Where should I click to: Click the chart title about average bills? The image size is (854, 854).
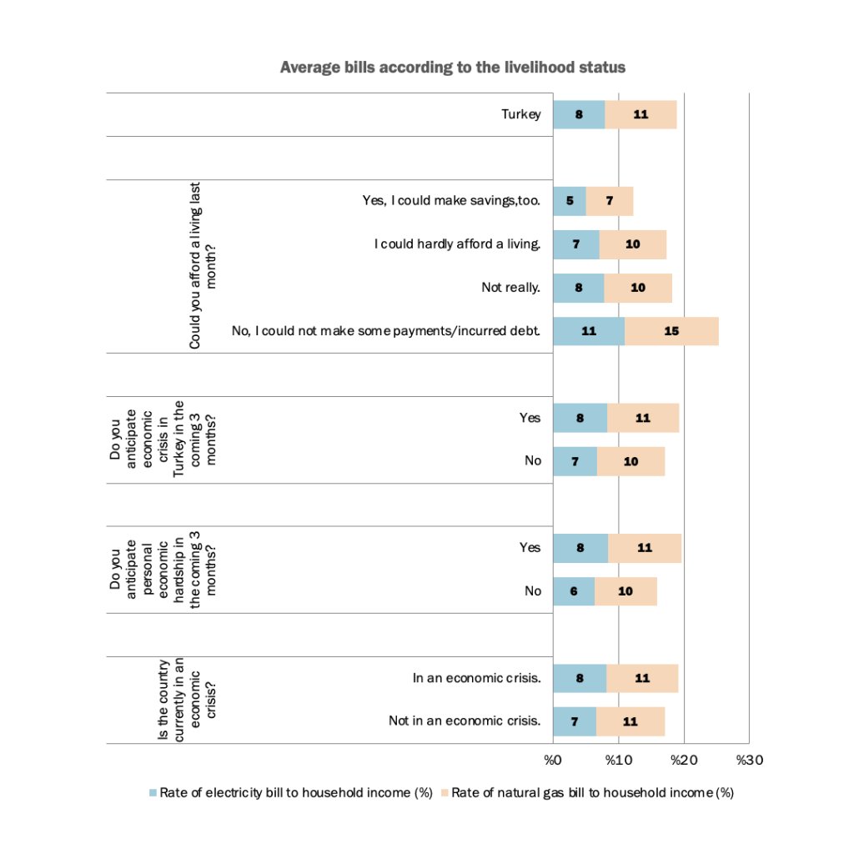point(452,68)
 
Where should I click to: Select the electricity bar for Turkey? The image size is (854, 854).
point(579,114)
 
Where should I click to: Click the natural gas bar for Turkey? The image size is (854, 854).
point(640,114)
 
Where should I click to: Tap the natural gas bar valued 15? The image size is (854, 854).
point(671,331)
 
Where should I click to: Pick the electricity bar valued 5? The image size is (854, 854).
point(570,201)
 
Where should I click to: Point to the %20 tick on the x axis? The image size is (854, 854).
point(684,760)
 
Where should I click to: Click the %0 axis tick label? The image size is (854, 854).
point(552,760)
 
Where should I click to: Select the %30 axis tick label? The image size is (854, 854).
point(749,760)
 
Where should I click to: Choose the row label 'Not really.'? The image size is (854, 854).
point(510,288)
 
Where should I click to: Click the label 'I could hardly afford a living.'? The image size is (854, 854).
point(457,244)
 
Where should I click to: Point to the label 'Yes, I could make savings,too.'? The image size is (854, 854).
point(451,201)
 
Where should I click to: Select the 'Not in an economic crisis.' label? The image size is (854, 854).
point(465,721)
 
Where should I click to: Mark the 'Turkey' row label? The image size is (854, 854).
point(520,114)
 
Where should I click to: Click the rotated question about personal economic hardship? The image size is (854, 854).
point(163,569)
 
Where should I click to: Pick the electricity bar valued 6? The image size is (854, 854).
point(574,591)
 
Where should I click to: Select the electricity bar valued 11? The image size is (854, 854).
point(589,331)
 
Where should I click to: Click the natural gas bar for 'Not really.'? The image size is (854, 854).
point(638,288)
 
